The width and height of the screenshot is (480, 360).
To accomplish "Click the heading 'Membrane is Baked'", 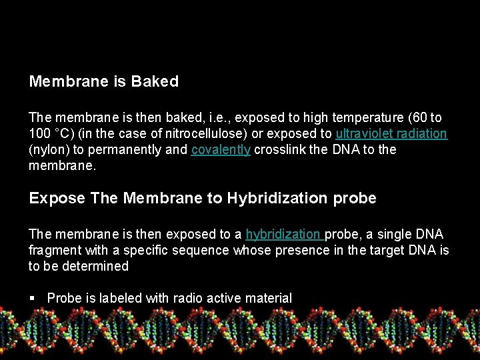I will click(x=104, y=82).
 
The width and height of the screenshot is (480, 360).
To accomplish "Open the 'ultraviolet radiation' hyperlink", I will click(x=391, y=133).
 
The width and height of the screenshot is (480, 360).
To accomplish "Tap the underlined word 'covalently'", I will click(x=221, y=149).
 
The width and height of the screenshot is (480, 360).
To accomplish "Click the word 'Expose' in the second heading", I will click(x=57, y=198).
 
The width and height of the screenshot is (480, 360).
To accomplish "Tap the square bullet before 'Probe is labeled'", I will click(x=32, y=298).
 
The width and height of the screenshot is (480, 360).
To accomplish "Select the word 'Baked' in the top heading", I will click(x=155, y=82).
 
